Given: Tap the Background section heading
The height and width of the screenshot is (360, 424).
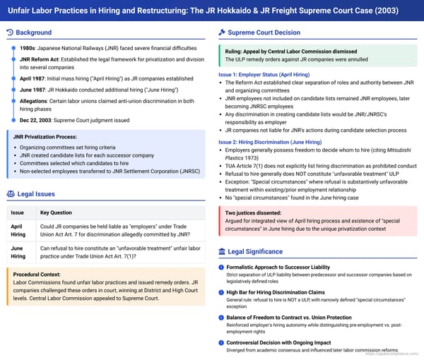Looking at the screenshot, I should pyautogui.click(x=34, y=32).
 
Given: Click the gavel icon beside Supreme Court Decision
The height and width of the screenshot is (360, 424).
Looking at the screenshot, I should pyautogui.click(x=222, y=32).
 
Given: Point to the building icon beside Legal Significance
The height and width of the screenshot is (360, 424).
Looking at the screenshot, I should pyautogui.click(x=222, y=251).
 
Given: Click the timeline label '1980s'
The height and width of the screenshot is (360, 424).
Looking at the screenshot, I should pyautogui.click(x=29, y=48).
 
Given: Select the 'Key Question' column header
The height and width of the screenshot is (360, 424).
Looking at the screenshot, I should pyautogui.click(x=56, y=212).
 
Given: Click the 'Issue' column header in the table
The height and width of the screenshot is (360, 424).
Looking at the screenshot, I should pyautogui.click(x=18, y=212).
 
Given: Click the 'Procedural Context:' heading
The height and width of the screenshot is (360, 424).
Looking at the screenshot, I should pyautogui.click(x=41, y=275).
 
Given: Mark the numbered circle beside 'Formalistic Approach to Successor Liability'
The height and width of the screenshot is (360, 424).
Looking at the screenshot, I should pyautogui.click(x=221, y=267).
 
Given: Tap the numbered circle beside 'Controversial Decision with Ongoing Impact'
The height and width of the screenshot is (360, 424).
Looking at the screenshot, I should pyautogui.click(x=221, y=342).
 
